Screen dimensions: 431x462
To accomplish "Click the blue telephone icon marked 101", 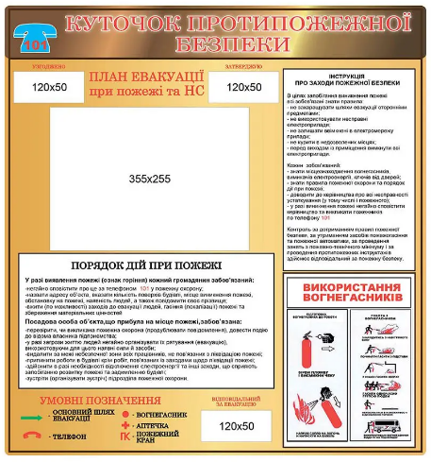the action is [x=34, y=38].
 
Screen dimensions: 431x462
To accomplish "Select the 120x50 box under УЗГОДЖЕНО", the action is [x=48, y=87].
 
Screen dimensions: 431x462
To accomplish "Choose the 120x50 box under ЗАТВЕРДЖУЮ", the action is [x=242, y=87].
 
